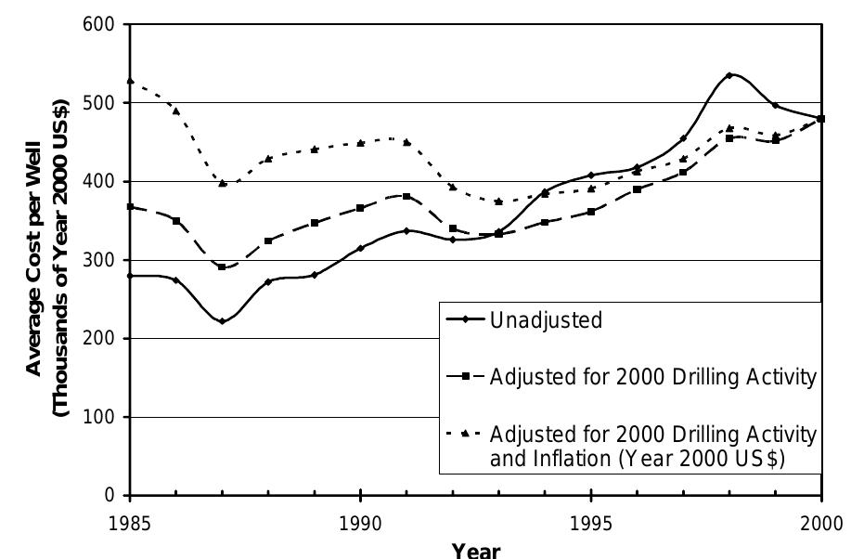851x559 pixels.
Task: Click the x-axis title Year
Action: [x=476, y=549]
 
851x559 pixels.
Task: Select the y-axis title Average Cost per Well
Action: [x=34, y=260]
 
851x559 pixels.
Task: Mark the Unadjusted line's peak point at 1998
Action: [x=729, y=75]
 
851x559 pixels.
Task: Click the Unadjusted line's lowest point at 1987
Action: [x=222, y=321]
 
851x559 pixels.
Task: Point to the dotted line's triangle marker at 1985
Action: [x=130, y=82]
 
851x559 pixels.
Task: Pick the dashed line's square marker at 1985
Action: [x=130, y=206]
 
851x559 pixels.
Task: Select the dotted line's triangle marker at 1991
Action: [x=406, y=142]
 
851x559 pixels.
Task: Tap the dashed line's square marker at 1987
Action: [x=222, y=267]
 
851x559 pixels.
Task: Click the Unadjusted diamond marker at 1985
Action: [x=130, y=276]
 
